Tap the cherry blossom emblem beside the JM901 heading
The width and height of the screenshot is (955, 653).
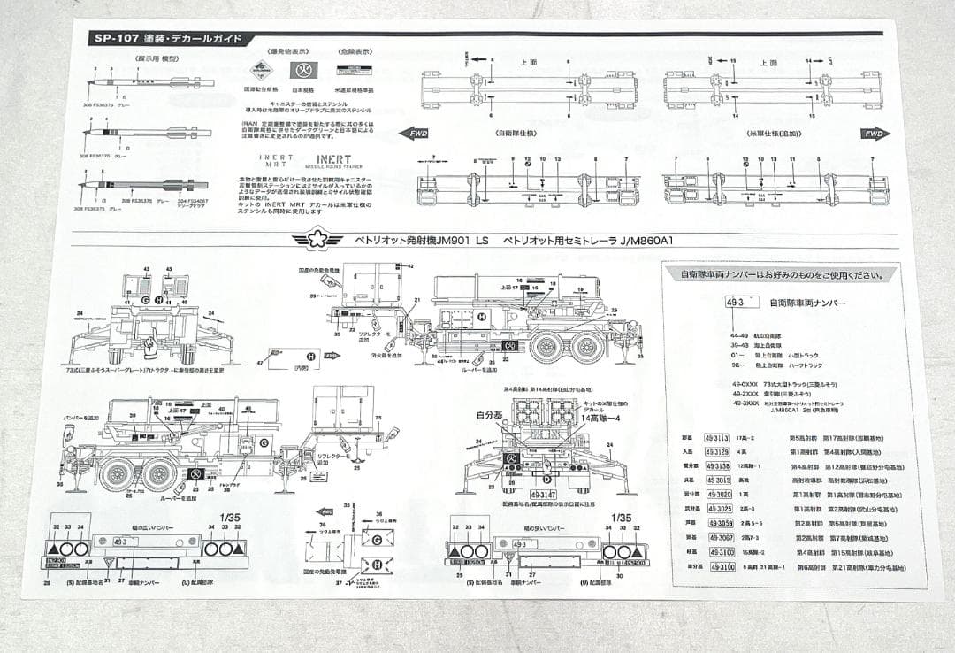coord(317,240)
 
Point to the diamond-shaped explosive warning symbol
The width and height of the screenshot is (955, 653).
coord(259,70)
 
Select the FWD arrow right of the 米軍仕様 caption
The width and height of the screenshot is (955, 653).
coord(875,134)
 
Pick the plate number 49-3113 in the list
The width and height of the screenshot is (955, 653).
coord(716,437)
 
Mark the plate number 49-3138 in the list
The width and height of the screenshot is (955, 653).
coord(717,465)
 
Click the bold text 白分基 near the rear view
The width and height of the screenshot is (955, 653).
coord(488,414)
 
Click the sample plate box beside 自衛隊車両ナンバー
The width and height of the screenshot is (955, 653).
coord(738,302)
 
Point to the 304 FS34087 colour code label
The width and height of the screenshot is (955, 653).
coord(191,201)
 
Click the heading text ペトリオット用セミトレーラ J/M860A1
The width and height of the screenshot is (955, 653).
coord(583,241)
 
